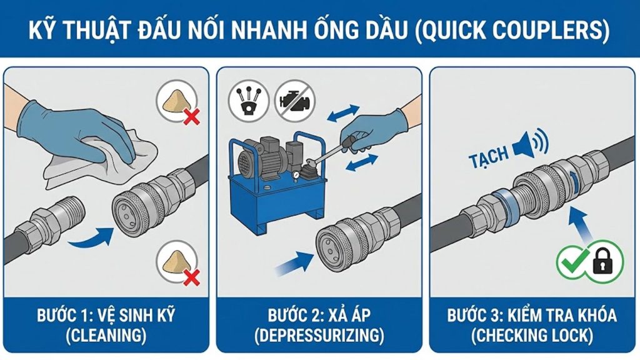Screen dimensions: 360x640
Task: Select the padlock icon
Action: coord(603,261)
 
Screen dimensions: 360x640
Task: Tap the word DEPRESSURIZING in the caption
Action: coord(319,335)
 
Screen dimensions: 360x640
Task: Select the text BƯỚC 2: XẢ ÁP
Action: coord(319,314)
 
